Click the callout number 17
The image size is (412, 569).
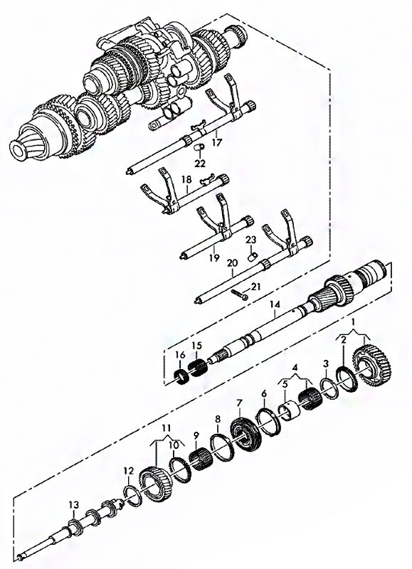(x=216, y=142)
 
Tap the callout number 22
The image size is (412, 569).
(x=200, y=164)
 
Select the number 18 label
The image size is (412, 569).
(x=186, y=180)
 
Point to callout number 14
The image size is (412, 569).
(x=275, y=305)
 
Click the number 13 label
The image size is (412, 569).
(x=74, y=505)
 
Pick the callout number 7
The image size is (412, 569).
(x=239, y=403)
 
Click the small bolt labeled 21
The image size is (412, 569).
(x=240, y=294)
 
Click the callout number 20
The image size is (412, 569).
(x=232, y=262)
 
